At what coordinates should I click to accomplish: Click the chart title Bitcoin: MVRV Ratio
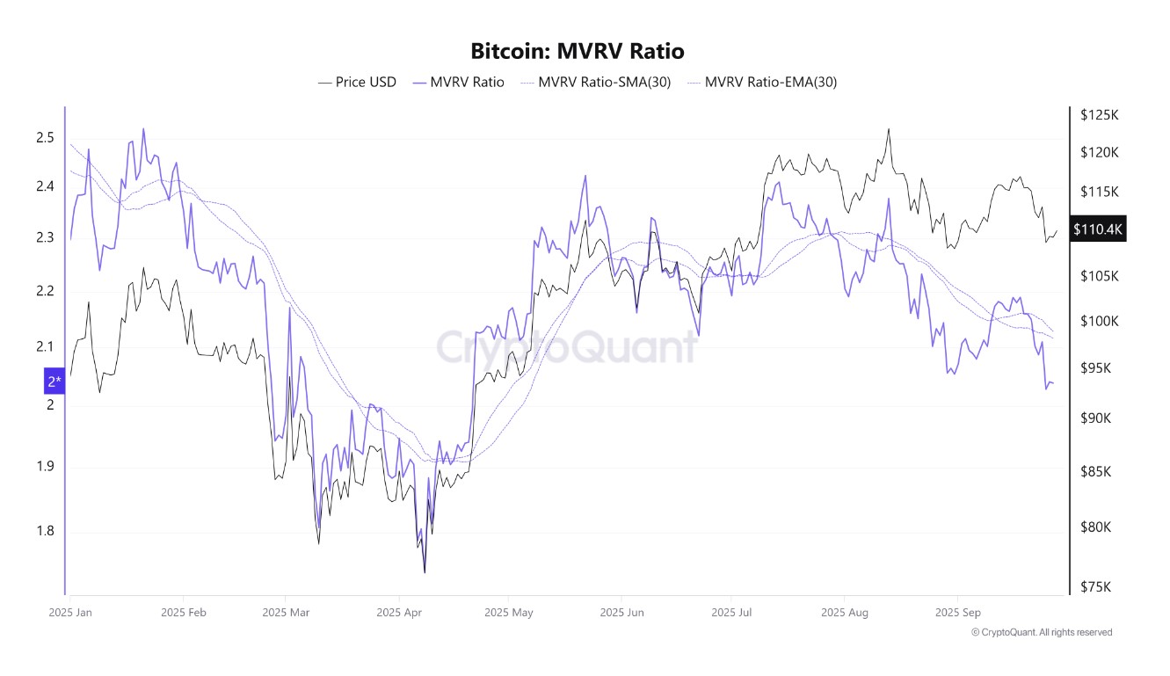coord(577,51)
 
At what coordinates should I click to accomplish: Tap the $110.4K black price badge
coord(1098,229)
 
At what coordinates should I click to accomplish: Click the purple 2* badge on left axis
coord(55,382)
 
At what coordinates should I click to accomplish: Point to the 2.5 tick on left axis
coord(45,137)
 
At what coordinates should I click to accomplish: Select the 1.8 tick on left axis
coord(45,531)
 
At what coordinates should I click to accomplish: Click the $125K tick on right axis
coord(1099,115)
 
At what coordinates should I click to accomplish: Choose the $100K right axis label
coord(1099,321)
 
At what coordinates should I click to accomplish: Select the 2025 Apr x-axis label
coord(399,612)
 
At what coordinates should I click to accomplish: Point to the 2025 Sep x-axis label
coord(957,612)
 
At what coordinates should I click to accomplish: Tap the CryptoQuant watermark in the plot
coord(567,346)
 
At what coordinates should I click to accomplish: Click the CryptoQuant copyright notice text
coord(1041,632)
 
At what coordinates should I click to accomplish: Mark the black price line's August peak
coord(889,129)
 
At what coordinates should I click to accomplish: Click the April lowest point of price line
coord(425,572)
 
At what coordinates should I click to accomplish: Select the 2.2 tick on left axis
coord(45,291)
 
